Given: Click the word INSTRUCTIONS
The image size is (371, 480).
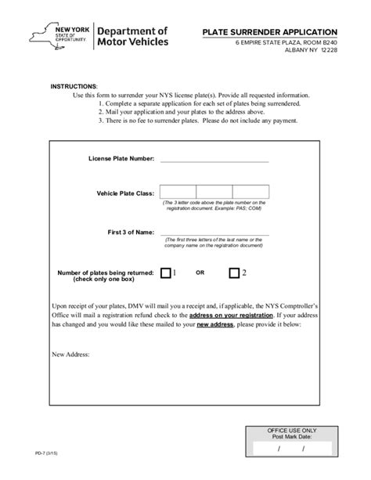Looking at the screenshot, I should coord(74,85).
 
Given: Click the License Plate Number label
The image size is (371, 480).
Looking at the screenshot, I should coord(121,159).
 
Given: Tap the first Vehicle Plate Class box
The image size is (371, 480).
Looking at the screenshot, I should coord(177,192).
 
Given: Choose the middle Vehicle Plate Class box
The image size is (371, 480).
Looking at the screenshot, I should coord(214,192).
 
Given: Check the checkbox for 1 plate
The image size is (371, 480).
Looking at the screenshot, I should coord(165,273).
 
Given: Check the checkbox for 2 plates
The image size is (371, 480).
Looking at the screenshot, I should coord(234,273).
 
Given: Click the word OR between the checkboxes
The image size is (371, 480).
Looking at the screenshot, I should coord(200,273).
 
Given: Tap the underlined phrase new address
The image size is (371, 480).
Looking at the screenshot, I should coord(213,323).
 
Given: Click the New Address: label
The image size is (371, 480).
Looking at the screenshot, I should coord(70,355).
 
